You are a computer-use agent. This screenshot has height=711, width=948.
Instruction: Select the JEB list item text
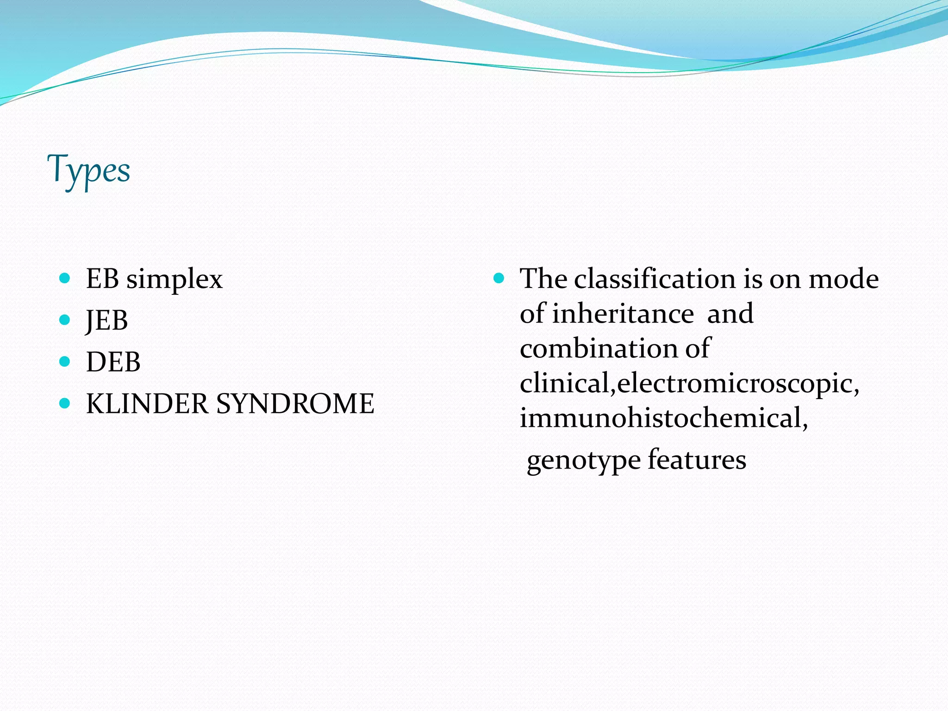pyautogui.click(x=107, y=320)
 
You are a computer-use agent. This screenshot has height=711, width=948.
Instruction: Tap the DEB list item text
pyautogui.click(x=113, y=362)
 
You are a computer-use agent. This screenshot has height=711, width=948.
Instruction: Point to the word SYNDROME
pyautogui.click(x=295, y=404)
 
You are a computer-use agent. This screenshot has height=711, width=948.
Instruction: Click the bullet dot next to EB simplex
pyautogui.click(x=65, y=278)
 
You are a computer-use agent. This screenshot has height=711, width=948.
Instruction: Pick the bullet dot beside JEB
pyautogui.click(x=65, y=320)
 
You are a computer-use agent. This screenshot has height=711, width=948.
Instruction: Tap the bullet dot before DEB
pyautogui.click(x=65, y=362)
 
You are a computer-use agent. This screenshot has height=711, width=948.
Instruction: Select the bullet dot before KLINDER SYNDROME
pyautogui.click(x=65, y=403)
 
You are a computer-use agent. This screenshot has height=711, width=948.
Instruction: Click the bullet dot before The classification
pyautogui.click(x=499, y=278)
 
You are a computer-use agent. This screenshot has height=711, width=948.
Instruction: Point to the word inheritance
pyautogui.click(x=623, y=314)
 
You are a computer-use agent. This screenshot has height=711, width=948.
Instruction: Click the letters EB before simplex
pyautogui.click(x=102, y=279)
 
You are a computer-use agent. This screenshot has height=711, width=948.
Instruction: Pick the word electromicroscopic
pyautogui.click(x=738, y=384)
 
